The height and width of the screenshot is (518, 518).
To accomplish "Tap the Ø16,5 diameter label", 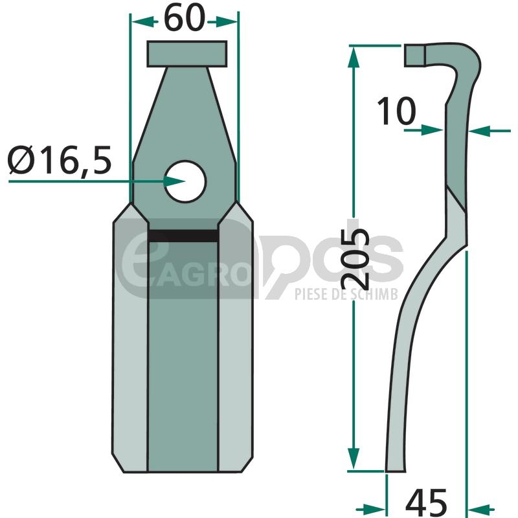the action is [x=60, y=161].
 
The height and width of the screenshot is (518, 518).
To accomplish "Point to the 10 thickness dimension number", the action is [x=396, y=111].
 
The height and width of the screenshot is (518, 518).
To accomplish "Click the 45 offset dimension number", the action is [x=426, y=502].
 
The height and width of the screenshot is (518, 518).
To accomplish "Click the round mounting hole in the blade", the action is [x=185, y=181].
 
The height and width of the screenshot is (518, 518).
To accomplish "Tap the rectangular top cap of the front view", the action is [x=187, y=54].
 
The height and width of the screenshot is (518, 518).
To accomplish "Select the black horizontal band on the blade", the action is [x=183, y=236].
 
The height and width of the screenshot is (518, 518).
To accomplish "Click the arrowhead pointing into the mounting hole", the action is [x=174, y=181].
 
